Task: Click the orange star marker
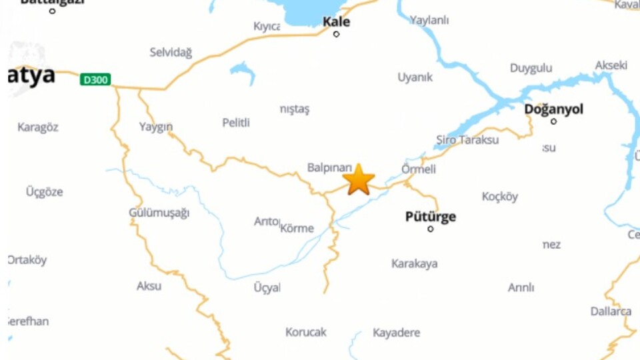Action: click(x=359, y=179)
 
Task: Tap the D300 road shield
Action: click(x=95, y=80)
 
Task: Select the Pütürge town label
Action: click(x=431, y=217)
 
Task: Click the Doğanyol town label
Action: click(x=553, y=109)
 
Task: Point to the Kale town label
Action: click(x=336, y=21)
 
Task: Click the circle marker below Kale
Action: click(x=336, y=34)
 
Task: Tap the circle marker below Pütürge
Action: click(x=430, y=229)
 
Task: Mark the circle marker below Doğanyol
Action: click(x=553, y=121)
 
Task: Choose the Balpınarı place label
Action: click(x=329, y=167)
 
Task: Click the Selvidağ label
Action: click(x=171, y=52)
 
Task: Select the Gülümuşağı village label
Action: click(x=159, y=213)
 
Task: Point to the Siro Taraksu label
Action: click(x=467, y=140)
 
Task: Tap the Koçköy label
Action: click(x=500, y=197)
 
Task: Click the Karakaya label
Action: click(x=415, y=263)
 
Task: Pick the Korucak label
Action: click(x=306, y=332)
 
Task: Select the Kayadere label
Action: click(x=396, y=333)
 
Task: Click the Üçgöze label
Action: click(x=44, y=192)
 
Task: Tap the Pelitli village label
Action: click(x=236, y=123)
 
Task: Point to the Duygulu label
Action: click(x=531, y=68)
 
